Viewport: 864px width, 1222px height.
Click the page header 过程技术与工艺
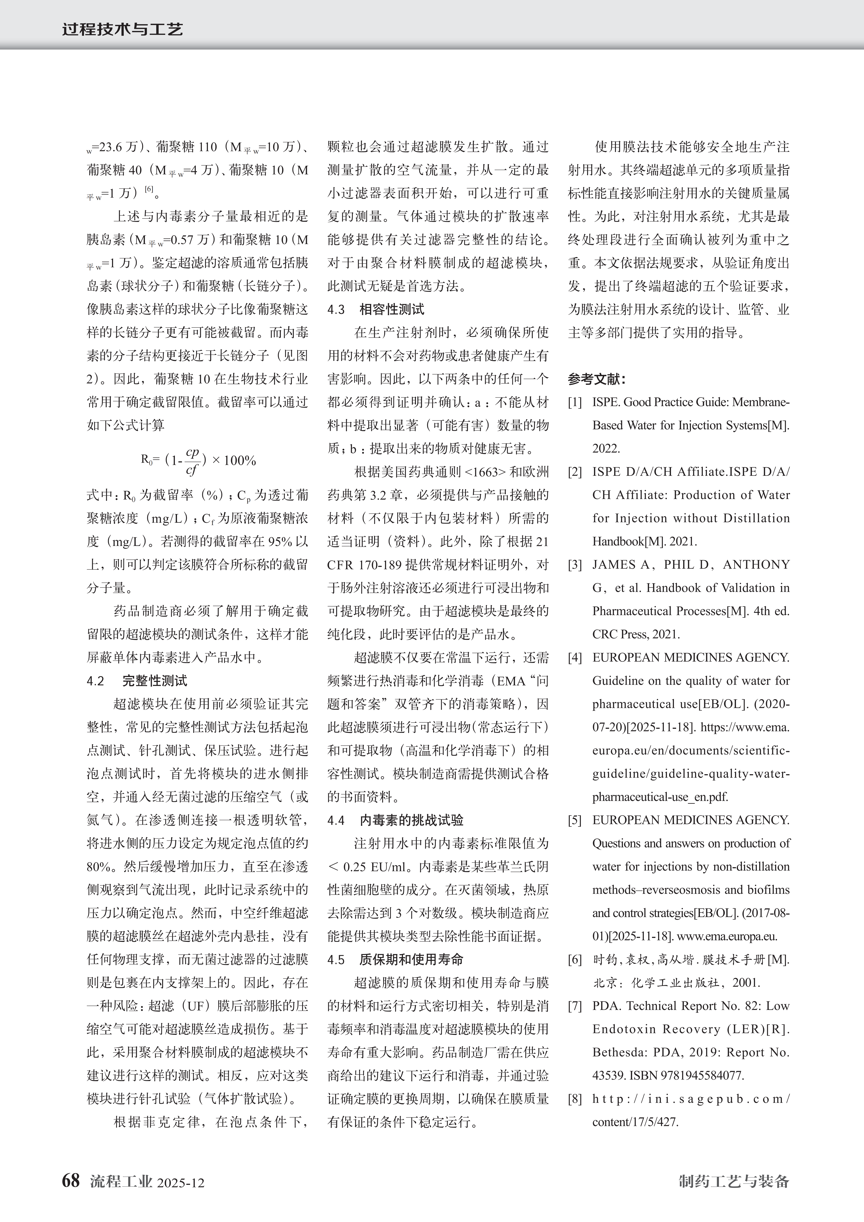(x=122, y=29)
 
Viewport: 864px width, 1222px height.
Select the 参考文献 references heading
(x=596, y=379)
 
